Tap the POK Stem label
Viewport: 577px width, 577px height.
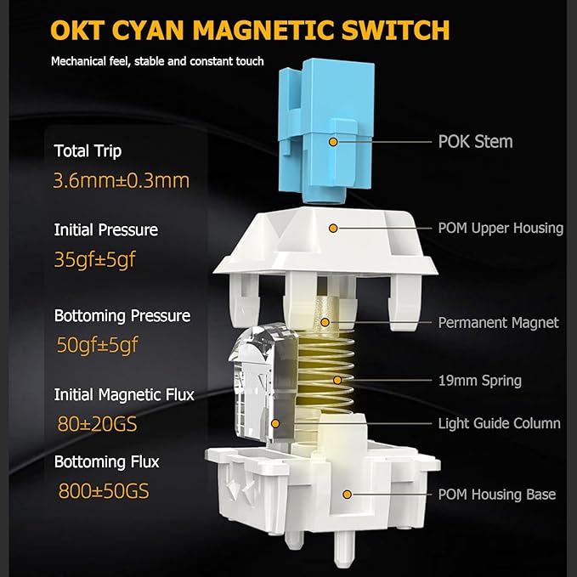[x=475, y=142]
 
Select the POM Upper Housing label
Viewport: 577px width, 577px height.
[x=501, y=228]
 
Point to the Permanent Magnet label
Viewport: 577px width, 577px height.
[x=498, y=323]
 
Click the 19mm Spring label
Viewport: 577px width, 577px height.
[x=480, y=381]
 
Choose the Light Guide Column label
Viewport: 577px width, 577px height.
[x=500, y=423]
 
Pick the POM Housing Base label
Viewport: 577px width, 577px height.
[x=497, y=495]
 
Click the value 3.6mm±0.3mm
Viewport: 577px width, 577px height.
[x=122, y=181]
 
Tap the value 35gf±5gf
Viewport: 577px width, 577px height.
[x=95, y=260]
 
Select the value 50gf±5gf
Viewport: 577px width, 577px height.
[x=97, y=345]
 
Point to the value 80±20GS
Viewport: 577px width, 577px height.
[x=97, y=424]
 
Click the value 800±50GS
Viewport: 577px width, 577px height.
[x=104, y=491]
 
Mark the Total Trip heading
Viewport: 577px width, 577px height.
[x=88, y=151]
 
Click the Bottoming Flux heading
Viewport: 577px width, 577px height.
[x=107, y=462]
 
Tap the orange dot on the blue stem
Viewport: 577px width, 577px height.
[x=333, y=142]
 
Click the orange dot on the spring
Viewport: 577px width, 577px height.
[x=337, y=380]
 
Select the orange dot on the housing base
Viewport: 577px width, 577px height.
[x=347, y=495]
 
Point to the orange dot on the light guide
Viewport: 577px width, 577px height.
[x=275, y=423]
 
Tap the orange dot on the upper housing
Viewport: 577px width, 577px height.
[x=333, y=228]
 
